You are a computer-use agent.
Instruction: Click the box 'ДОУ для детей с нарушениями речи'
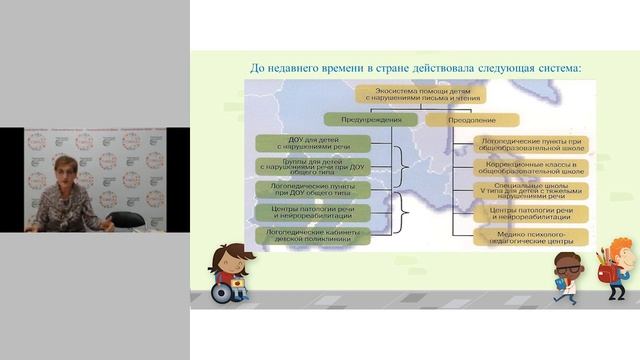(305, 143)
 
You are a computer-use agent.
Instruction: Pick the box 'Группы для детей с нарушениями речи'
(305, 166)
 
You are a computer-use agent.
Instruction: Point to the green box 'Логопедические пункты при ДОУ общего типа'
(305, 189)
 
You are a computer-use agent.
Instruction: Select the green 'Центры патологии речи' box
(305, 212)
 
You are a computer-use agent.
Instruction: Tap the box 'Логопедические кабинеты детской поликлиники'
(305, 235)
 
